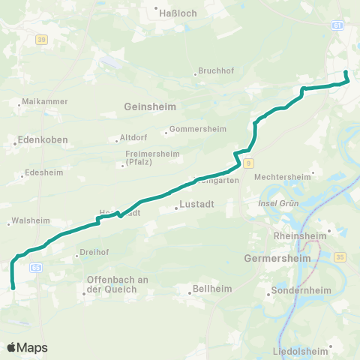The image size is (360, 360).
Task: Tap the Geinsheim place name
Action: (x=150, y=106)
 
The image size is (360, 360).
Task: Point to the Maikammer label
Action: (x=45, y=100)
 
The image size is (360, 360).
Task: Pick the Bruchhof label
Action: (x=217, y=71)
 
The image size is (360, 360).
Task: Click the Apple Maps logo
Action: (x=27, y=347)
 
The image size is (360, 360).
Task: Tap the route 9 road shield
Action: (x=247, y=163)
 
